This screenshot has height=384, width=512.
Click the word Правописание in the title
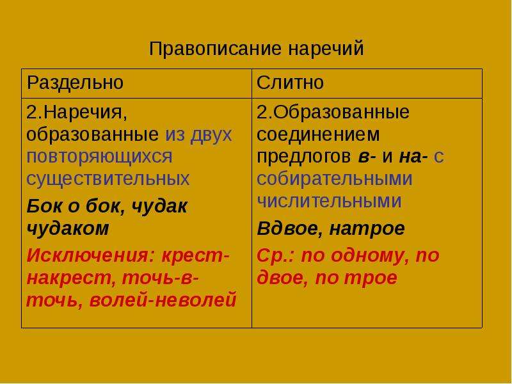point(215,49)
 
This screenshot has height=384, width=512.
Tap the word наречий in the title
point(326,49)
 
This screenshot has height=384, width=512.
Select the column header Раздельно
point(75,83)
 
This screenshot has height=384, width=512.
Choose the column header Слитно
point(290,83)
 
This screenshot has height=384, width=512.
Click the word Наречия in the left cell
point(85,113)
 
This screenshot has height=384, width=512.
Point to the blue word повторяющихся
point(99,157)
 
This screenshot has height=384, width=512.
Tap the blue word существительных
point(108,179)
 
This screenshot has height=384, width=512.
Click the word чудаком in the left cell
point(68,228)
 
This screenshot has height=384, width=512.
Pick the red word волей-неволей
point(163,300)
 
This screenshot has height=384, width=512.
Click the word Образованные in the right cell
point(341,113)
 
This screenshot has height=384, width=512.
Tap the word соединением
point(317,134)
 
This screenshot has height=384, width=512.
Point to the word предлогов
point(303,157)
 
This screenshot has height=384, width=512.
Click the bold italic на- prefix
point(413,157)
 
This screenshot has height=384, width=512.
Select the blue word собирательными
point(334,179)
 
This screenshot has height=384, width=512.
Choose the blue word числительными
point(329,201)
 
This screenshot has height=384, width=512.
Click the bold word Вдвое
point(290,228)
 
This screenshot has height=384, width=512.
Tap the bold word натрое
point(367,228)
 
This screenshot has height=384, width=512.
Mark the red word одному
point(371,255)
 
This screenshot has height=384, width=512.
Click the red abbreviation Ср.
point(276,255)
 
